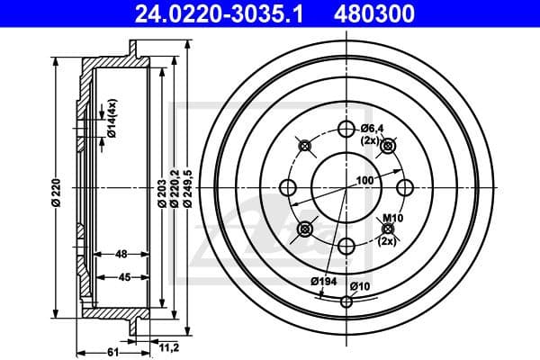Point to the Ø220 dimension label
tap(55, 193)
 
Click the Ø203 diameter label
tap(160, 193)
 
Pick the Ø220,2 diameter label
tap(173, 193)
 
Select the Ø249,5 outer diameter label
tap(186, 191)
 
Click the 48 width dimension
tap(120, 255)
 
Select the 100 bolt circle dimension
tap(364, 181)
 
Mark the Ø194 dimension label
tap(319, 282)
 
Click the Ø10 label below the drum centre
tap(360, 287)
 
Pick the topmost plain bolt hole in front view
tap(346, 129)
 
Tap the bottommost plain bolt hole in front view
tap(346, 245)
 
